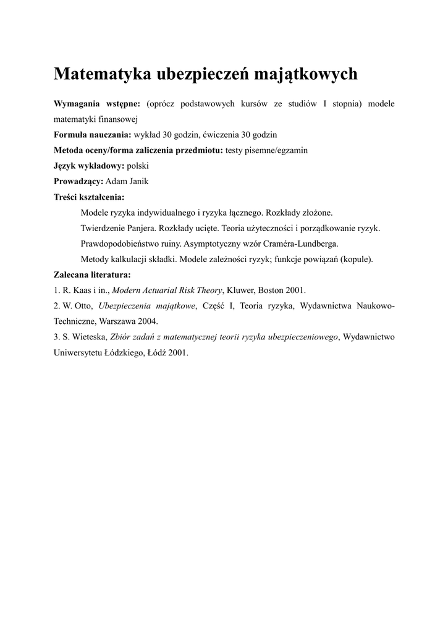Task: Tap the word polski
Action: click(x=138, y=166)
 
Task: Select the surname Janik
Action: click(x=138, y=181)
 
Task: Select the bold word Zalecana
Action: click(x=74, y=274)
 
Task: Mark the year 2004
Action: click(x=147, y=321)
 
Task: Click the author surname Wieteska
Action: click(x=88, y=337)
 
